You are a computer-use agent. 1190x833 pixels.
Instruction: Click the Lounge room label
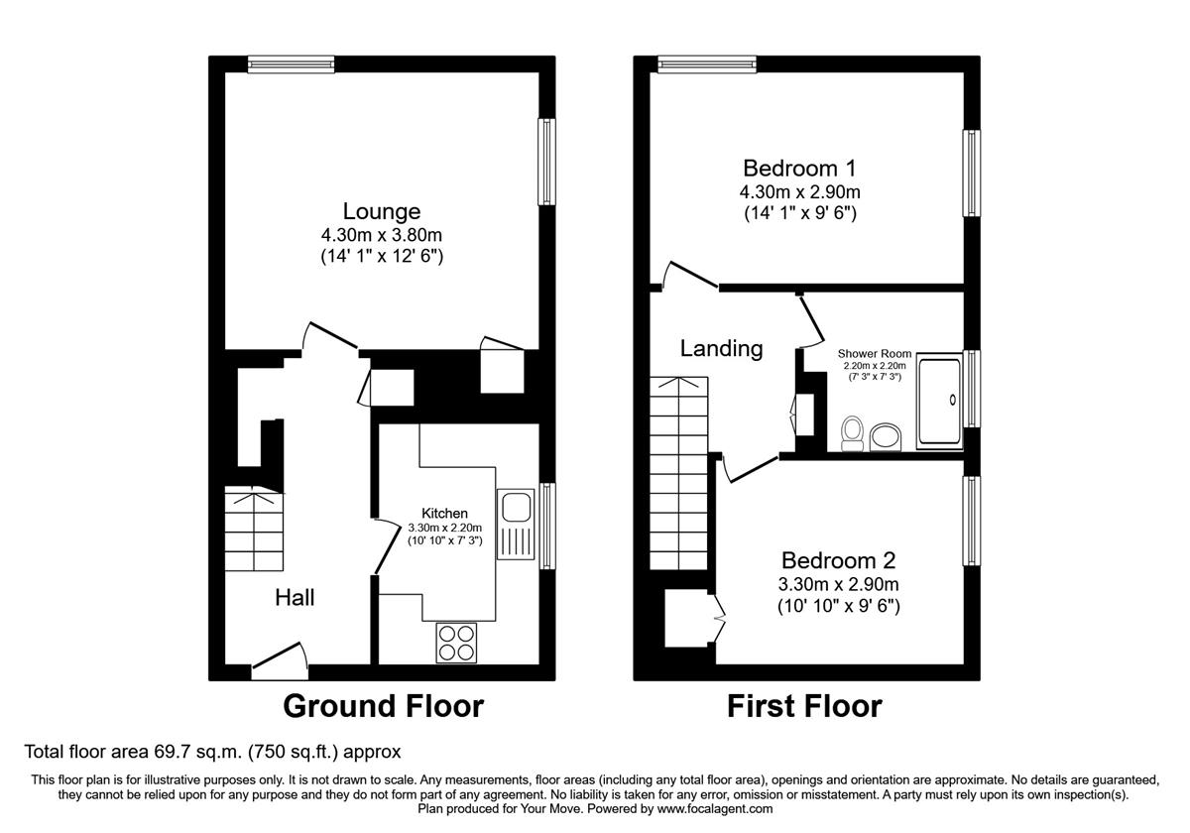pos(382,211)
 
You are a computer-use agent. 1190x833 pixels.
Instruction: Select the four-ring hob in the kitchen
pos(456,643)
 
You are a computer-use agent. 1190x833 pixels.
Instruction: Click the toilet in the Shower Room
pos(851,433)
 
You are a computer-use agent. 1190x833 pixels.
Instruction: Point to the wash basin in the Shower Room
pos(886,436)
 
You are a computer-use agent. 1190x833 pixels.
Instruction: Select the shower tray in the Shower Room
pos(939,402)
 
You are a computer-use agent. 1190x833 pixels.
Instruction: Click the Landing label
pos(721,348)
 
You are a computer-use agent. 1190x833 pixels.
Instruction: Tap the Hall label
pos(295,597)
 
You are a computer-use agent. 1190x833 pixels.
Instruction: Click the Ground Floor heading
pos(383,706)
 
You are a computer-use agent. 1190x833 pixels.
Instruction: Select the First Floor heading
pos(803,706)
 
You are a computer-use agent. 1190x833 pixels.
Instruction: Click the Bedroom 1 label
pos(799,168)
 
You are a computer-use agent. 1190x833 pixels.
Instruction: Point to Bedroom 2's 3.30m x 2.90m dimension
pos(838,584)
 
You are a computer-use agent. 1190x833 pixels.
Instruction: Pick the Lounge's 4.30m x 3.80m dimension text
pos(382,235)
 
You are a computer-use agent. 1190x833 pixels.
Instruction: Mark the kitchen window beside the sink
pos(547,526)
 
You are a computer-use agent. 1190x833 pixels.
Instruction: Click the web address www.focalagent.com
pos(708,809)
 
